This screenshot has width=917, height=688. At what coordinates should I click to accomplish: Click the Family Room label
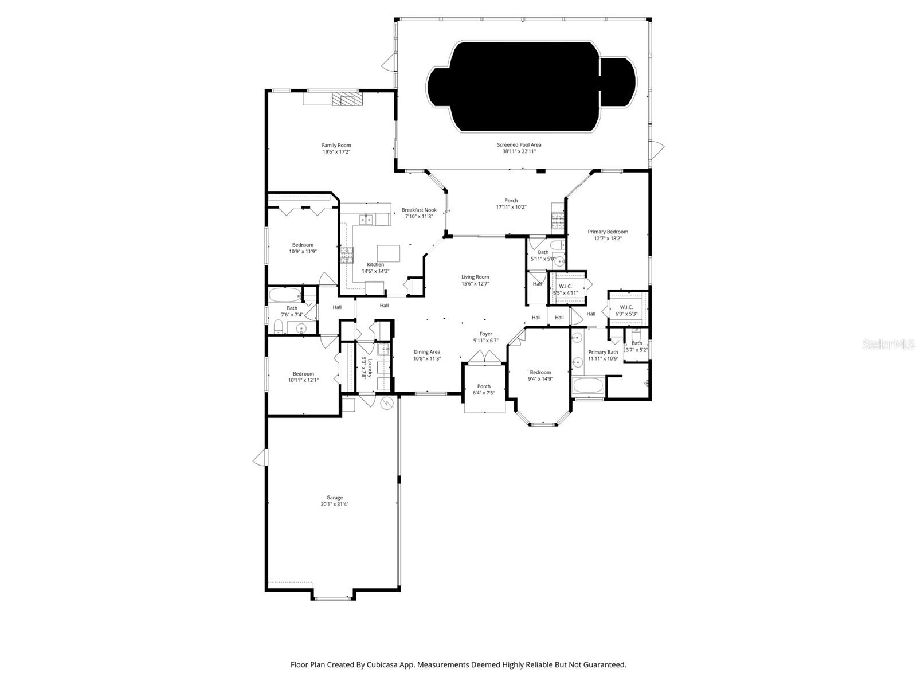pos(336,145)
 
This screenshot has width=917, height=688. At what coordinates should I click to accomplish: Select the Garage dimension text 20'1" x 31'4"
pos(335,505)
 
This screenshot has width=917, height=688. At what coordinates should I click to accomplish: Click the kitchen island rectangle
pos(388,253)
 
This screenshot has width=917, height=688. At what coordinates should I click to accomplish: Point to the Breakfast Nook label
pos(419,210)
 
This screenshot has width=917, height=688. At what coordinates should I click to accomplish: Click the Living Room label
pos(475,277)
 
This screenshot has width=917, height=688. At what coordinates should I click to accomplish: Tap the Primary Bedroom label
pos(608,232)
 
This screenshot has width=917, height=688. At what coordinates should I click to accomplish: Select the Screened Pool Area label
pos(519,145)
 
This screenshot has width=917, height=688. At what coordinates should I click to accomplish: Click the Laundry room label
pos(370,368)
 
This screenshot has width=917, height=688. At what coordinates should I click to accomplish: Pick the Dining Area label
pos(427,352)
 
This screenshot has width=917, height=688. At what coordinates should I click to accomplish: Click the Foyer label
pos(485,334)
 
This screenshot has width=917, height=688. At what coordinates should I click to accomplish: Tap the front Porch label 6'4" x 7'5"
pos(484,386)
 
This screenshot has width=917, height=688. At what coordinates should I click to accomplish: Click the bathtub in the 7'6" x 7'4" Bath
pos(285,296)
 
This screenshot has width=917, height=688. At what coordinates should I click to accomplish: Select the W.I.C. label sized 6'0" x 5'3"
pos(626,307)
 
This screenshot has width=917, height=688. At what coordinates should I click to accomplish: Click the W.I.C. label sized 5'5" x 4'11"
pos(565,286)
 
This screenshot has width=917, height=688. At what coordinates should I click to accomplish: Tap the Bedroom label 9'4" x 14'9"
pos(540,372)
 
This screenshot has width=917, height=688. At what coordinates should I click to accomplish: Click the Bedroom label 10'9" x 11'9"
pos(303,245)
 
